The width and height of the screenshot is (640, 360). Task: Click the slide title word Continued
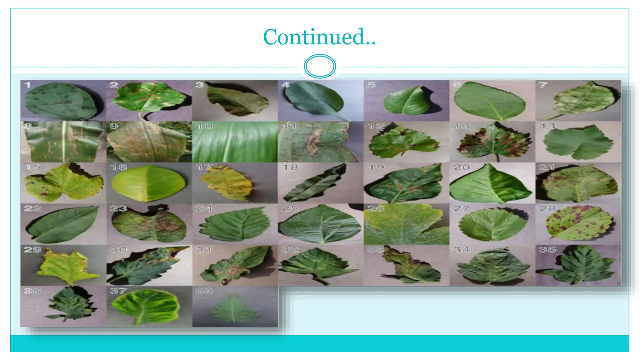(319, 37)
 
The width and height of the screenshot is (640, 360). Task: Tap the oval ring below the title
(320, 66)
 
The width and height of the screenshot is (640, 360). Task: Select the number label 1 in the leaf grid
(28, 85)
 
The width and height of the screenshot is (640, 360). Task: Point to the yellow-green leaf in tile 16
(148, 184)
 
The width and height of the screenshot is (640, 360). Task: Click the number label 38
(204, 291)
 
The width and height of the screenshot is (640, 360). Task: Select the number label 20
(461, 167)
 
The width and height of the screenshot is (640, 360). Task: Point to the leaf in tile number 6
(490, 101)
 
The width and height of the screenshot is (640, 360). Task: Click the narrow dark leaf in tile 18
(316, 183)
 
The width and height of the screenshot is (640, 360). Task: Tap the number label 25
(290, 208)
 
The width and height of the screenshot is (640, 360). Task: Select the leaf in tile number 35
(578, 266)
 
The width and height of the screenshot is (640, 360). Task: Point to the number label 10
(205, 126)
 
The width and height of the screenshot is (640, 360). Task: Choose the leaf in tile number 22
(62, 224)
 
